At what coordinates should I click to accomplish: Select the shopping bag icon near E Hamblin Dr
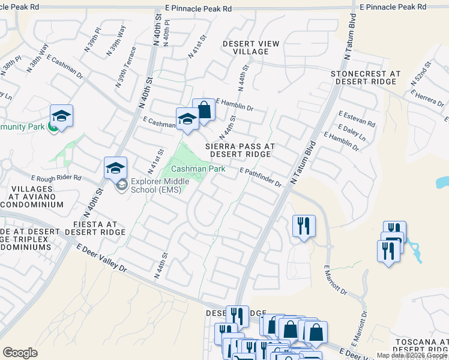pos(203,110)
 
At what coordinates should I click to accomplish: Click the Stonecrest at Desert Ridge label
pos(365,77)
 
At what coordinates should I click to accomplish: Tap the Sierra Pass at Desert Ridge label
pos(240,150)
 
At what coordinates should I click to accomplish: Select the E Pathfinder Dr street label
pos(261,178)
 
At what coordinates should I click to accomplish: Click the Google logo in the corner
pos(20,353)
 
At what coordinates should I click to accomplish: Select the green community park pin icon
pos(53,128)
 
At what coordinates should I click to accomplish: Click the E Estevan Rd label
pos(357,118)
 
